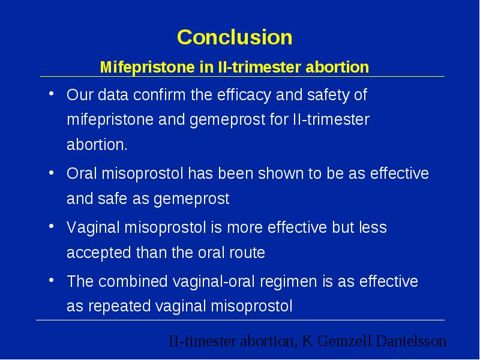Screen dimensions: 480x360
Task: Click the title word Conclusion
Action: click(x=235, y=37)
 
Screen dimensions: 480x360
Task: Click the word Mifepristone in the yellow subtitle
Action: click(x=147, y=67)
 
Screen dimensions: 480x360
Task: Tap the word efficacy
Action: click(x=244, y=95)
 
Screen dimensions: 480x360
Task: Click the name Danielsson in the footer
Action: click(x=411, y=341)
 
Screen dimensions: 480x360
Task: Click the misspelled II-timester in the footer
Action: click(x=202, y=341)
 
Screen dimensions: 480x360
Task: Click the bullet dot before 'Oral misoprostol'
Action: click(x=52, y=173)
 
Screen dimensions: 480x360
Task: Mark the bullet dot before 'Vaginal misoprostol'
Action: click(x=52, y=227)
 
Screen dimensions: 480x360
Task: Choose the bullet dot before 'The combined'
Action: click(x=52, y=280)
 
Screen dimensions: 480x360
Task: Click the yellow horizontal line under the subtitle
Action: click(x=242, y=77)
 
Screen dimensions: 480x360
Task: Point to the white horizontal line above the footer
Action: click(x=241, y=320)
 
